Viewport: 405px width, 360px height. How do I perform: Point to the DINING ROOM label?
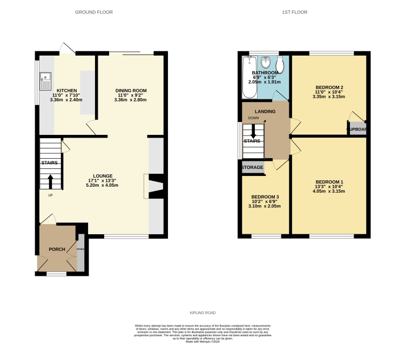coord(131,91)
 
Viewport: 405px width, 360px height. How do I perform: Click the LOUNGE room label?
coord(103,176)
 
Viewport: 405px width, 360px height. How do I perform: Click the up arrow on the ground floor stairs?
coord(51,180)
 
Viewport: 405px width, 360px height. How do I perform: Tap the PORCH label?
coord(57,249)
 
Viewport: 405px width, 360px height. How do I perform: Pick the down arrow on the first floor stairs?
coord(252,131)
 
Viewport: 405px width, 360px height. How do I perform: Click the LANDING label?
coord(265,112)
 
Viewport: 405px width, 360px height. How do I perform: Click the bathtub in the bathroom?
coord(249,78)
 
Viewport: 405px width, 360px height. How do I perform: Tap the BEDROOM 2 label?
coord(329,87)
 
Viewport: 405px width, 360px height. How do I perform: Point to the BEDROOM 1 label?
coord(329,181)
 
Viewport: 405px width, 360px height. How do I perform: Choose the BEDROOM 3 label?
coord(265,196)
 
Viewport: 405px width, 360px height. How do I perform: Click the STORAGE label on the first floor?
coord(253,167)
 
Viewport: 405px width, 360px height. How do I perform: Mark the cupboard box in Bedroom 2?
coord(357,130)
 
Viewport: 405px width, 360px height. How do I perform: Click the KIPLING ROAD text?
coord(202,313)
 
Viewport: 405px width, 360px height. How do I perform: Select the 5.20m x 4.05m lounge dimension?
coord(103,185)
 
